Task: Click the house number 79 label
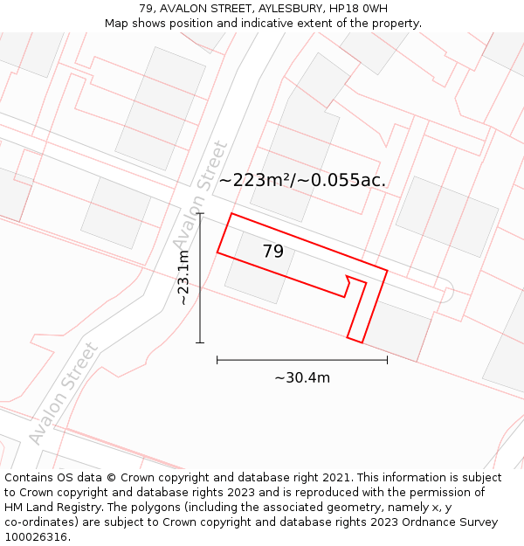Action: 272,252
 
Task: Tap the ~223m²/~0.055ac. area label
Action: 301,180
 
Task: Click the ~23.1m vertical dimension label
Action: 183,278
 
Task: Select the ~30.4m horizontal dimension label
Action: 302,377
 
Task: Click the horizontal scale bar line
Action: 302,359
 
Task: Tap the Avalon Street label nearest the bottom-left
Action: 63,394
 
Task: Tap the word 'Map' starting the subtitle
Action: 118,23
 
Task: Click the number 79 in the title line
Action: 146,8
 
